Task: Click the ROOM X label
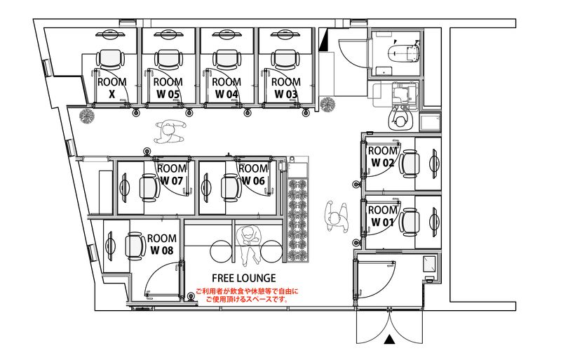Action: coord(112,88)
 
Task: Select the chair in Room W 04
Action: coord(227,59)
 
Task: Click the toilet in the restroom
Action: coord(405,52)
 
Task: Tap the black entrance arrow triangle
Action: coord(390,339)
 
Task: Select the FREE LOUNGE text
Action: coord(243,278)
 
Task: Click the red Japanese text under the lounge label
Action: coord(247,295)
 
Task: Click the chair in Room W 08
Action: coord(135,246)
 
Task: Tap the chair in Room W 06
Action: coord(231,187)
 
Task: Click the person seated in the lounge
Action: coord(250,245)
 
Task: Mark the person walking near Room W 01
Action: coord(337,217)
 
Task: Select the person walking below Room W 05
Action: coord(170,131)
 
